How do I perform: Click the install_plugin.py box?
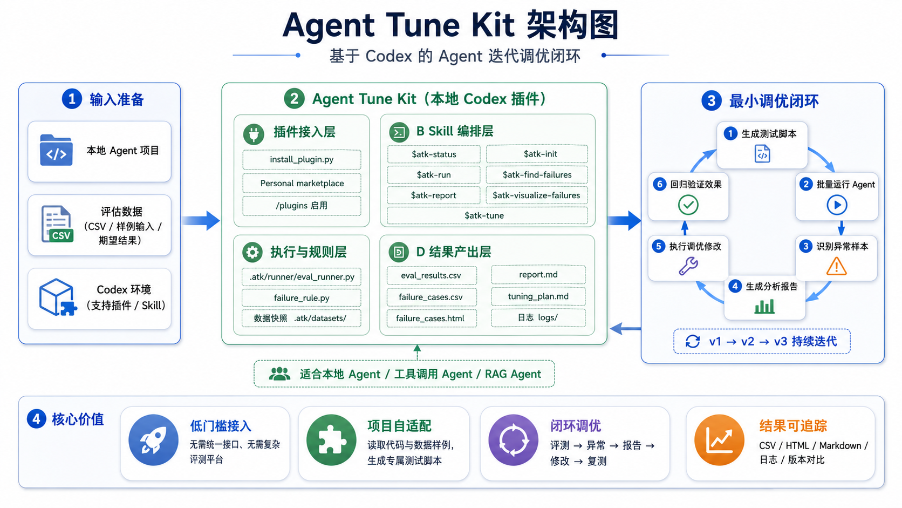[302, 160]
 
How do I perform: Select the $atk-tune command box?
[487, 215]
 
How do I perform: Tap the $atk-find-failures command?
[537, 175]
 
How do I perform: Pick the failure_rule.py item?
[302, 297]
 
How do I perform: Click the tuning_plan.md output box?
[538, 296]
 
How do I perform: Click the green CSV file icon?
[57, 224]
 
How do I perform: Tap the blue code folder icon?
[56, 150]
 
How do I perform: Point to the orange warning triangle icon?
[836, 266]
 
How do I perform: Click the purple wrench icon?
[688, 266]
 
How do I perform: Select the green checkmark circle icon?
[688, 205]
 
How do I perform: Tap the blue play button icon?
[837, 205]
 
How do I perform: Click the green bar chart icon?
[764, 306]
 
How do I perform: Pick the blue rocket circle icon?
[153, 441]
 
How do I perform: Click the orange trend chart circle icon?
[719, 441]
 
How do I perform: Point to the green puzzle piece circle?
[331, 441]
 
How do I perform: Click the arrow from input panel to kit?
[201, 220]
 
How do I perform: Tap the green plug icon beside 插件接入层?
[254, 134]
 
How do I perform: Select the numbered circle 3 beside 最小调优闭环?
[711, 101]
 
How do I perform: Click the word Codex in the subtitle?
[388, 56]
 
